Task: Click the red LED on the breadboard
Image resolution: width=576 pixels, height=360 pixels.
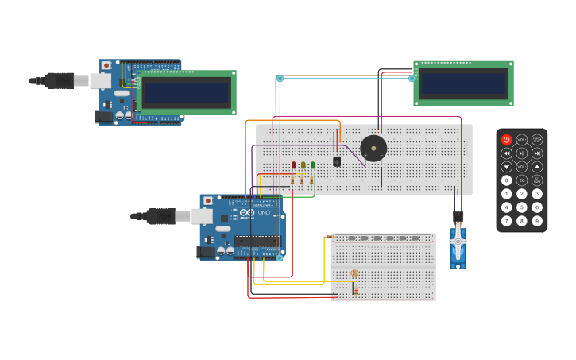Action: click(294, 165)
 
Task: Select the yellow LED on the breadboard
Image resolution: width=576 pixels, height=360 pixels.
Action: click(303, 165)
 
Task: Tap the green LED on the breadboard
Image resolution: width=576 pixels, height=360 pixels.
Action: click(313, 165)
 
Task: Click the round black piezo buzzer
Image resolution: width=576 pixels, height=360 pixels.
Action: click(373, 148)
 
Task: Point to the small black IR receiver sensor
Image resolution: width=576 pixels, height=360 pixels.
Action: click(337, 161)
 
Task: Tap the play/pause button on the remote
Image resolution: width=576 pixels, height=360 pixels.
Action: click(522, 153)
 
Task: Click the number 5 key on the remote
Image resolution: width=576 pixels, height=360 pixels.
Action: click(522, 207)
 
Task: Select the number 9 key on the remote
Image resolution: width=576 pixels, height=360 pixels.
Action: click(537, 220)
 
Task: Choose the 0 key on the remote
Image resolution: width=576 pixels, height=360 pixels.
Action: click(507, 180)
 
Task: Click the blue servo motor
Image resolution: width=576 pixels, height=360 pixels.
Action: click(458, 248)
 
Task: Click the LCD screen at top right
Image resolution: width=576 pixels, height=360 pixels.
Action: click(463, 83)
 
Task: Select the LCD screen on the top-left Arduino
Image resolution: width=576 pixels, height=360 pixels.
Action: click(187, 92)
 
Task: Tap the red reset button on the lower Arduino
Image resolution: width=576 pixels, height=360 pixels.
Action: click(208, 201)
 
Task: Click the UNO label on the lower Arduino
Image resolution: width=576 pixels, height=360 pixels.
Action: click(264, 212)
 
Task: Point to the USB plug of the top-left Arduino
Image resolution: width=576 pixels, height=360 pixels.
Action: click(60, 80)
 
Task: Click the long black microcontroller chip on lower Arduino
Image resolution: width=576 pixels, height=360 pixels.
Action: click(256, 241)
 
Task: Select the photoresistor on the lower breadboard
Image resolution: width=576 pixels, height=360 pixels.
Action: click(354, 273)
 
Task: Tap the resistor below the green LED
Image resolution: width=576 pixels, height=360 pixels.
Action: click(311, 180)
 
